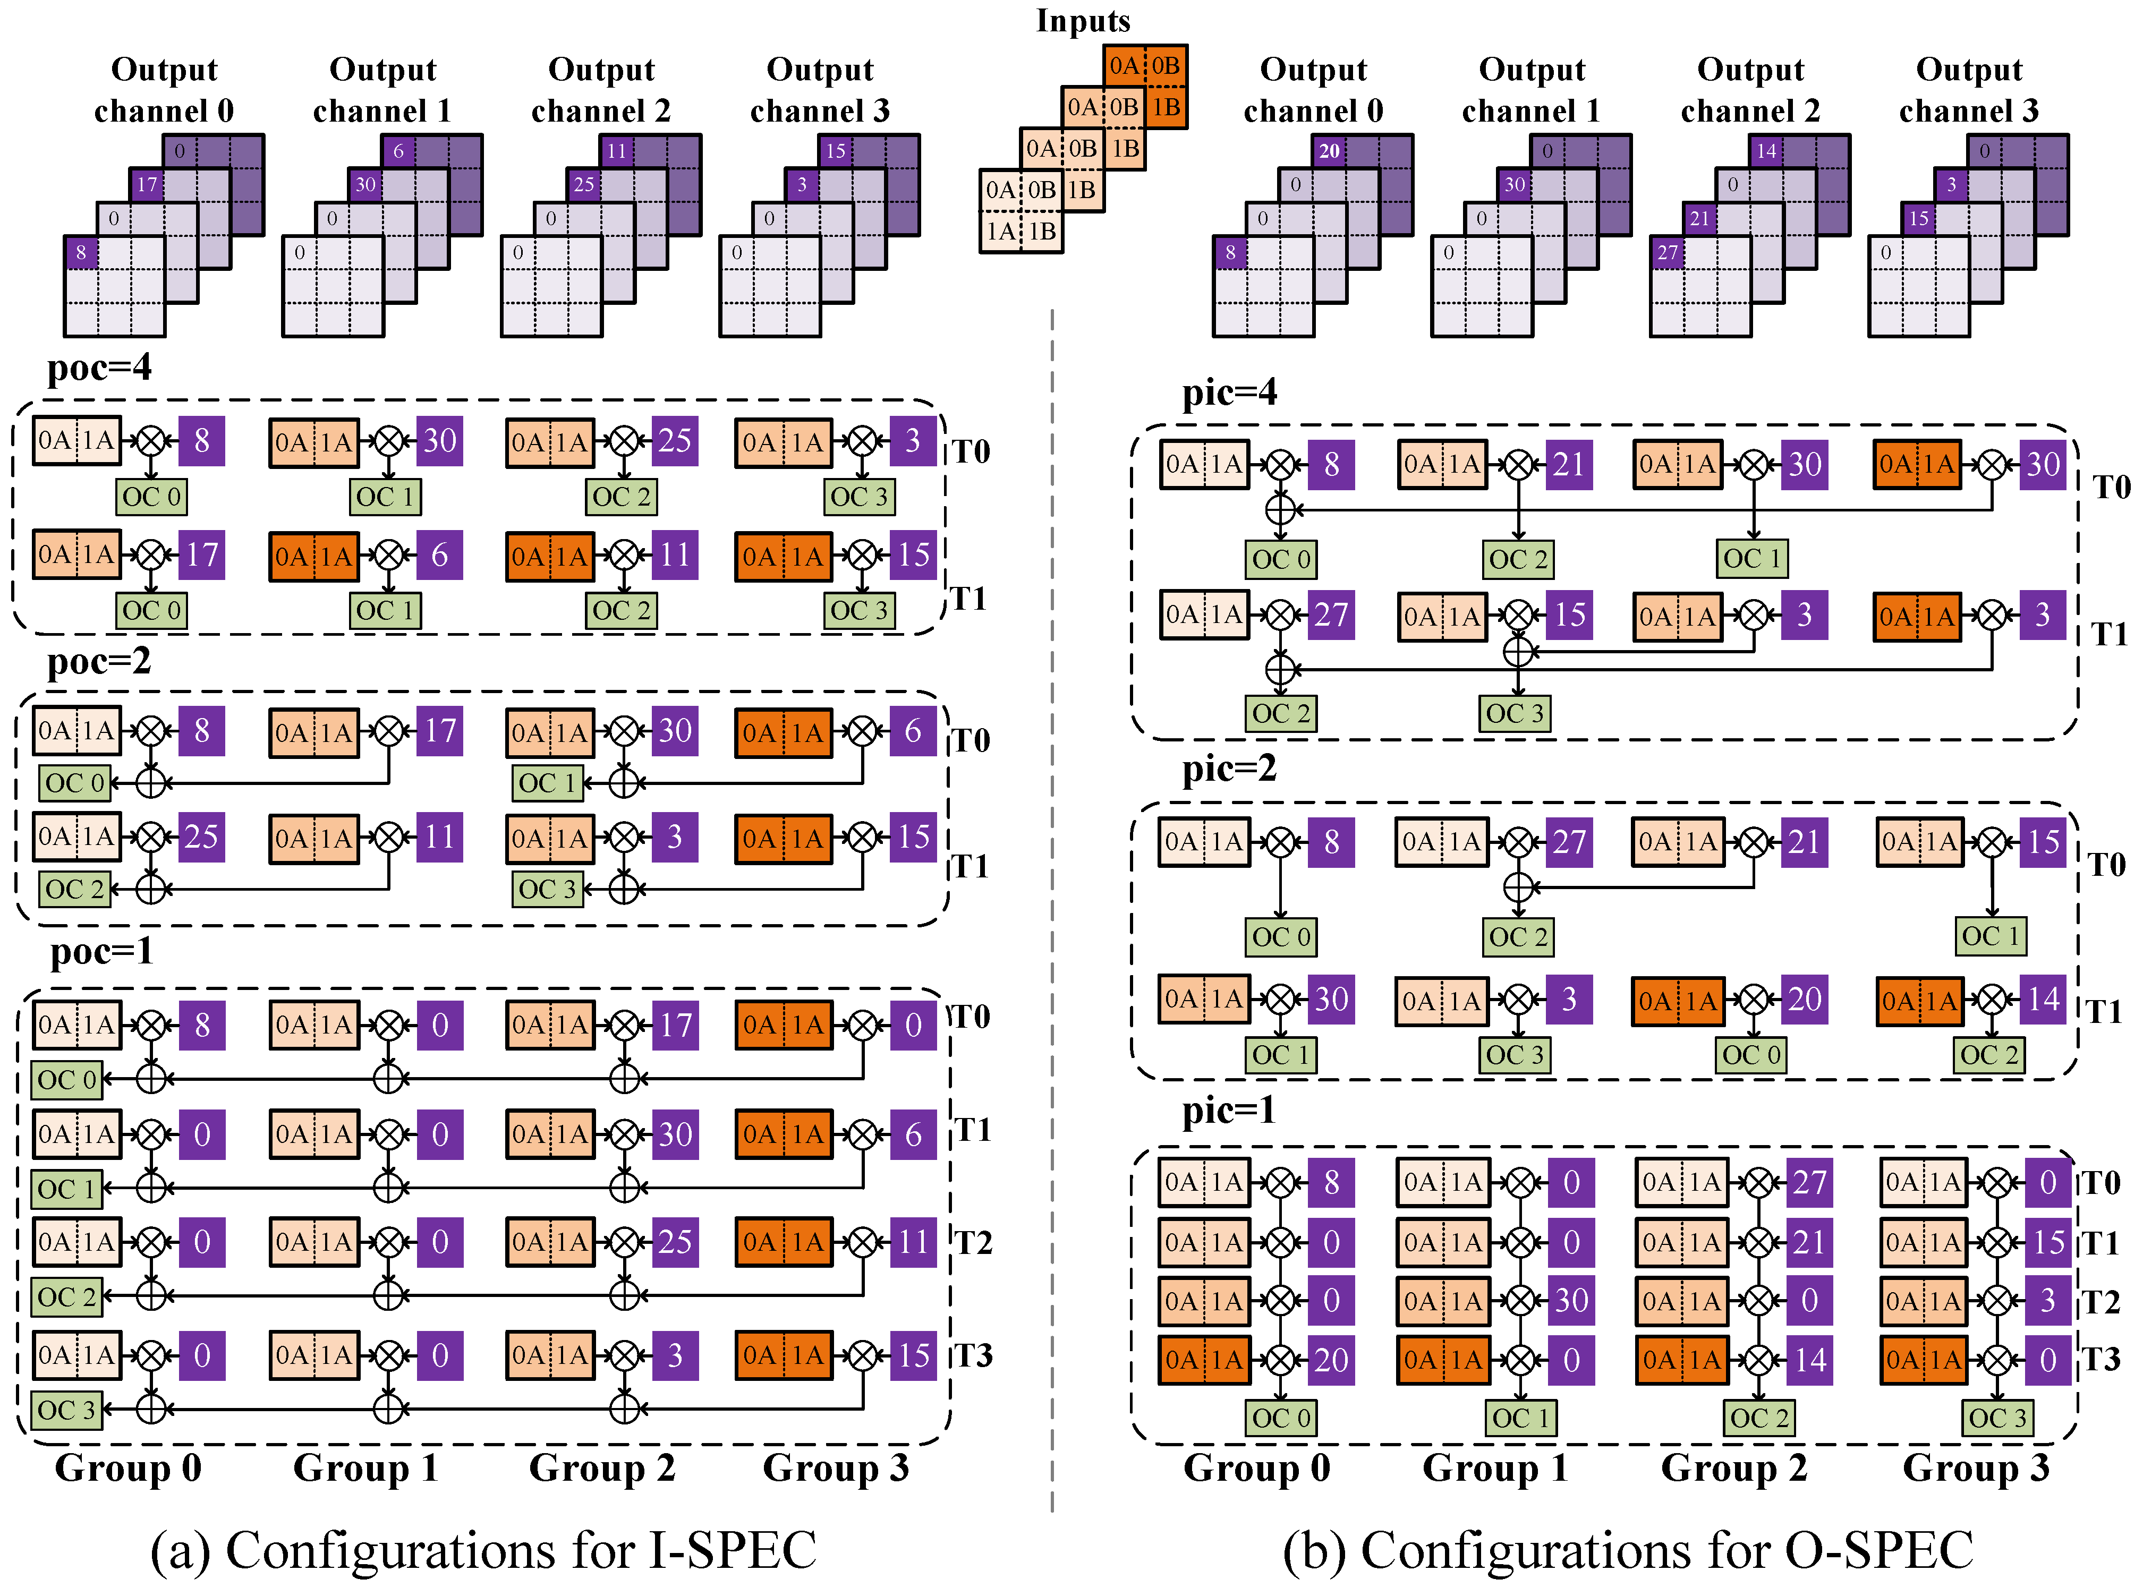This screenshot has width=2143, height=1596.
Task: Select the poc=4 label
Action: click(99, 367)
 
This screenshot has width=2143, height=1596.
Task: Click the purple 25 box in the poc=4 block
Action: click(674, 441)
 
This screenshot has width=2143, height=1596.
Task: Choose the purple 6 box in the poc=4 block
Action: click(440, 556)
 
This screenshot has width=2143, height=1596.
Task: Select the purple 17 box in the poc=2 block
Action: click(440, 731)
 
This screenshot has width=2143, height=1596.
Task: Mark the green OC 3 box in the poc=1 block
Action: click(66, 1411)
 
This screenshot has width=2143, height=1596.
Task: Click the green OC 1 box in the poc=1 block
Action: click(66, 1189)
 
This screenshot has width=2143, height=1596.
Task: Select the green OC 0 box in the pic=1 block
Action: click(1281, 1418)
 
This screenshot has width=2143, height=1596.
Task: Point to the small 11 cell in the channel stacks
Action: click(616, 151)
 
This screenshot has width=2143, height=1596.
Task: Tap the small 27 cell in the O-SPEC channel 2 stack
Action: click(1668, 253)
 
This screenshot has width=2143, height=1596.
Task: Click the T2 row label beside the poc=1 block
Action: click(974, 1242)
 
